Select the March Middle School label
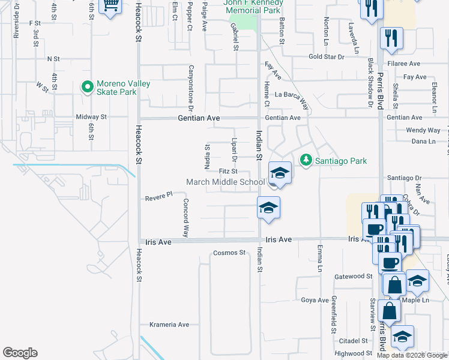point(225,182)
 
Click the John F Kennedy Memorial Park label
point(252,7)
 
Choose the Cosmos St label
point(230,253)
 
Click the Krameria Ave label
point(169,325)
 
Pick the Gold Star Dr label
point(326,56)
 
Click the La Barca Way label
point(294,95)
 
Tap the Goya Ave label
point(315,300)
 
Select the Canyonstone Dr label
point(191,89)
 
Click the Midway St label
point(91,117)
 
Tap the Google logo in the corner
point(20,353)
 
